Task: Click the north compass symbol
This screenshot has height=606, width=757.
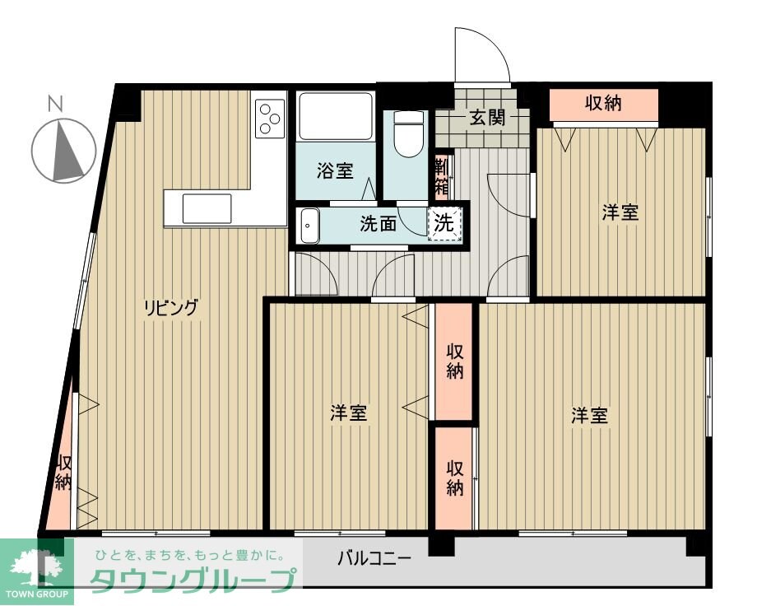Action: [x=64, y=150]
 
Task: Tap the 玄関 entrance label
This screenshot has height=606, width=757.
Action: [x=487, y=118]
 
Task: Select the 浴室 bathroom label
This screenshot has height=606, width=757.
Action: [x=335, y=171]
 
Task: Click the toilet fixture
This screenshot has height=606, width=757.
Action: [x=407, y=135]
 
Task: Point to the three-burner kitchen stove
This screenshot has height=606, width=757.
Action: [x=269, y=117]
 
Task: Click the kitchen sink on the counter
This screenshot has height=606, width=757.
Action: [x=207, y=207]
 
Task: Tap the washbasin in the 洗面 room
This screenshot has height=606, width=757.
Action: [x=309, y=224]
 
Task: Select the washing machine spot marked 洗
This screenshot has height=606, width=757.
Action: [x=444, y=222]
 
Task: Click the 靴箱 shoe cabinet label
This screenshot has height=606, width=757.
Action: [x=442, y=176]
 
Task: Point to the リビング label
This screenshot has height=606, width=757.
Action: [x=171, y=309]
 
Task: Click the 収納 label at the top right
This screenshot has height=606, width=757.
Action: [x=603, y=104]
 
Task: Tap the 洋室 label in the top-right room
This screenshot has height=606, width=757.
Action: [x=620, y=212]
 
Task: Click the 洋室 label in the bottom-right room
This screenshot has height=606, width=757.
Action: [x=590, y=415]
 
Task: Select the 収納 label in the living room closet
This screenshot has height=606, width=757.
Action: [x=63, y=473]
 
